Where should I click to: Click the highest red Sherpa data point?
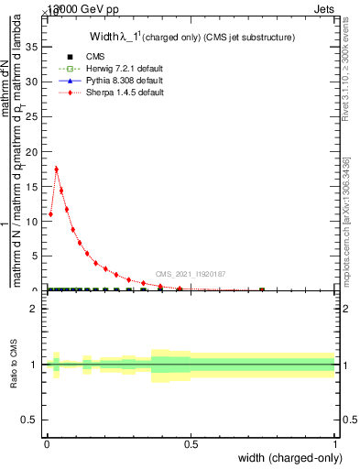(57, 169)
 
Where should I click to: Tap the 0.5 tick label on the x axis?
(191, 444)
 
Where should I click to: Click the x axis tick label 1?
(334, 444)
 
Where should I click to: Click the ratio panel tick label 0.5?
(30, 420)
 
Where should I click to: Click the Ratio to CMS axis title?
(13, 365)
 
